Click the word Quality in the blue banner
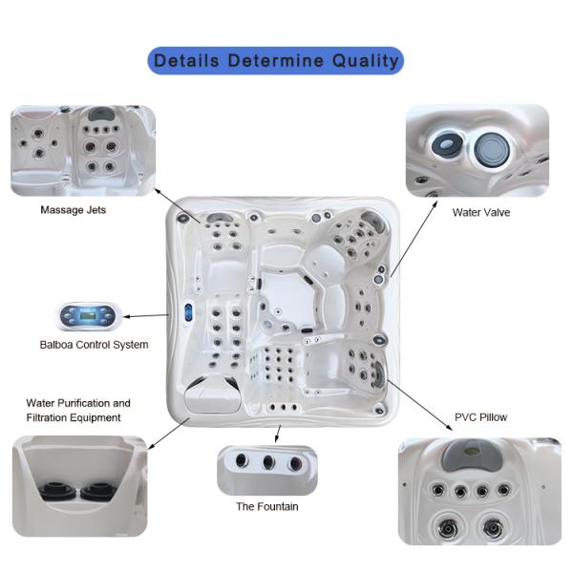click(365, 61)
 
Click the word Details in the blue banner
click(187, 60)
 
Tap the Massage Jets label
click(74, 210)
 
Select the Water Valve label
click(481, 212)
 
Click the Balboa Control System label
click(94, 345)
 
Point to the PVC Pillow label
click(480, 417)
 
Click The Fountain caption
click(267, 506)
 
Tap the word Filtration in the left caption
click(46, 417)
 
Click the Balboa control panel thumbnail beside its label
click(88, 316)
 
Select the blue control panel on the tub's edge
click(188, 312)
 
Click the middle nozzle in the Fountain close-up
click(268, 462)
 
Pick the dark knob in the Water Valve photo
click(447, 145)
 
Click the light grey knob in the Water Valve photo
click(492, 150)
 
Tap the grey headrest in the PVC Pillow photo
click(472, 454)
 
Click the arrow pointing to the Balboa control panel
click(146, 316)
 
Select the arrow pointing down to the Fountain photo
click(278, 434)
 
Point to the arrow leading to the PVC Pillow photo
click(420, 405)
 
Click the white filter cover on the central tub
click(213, 395)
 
